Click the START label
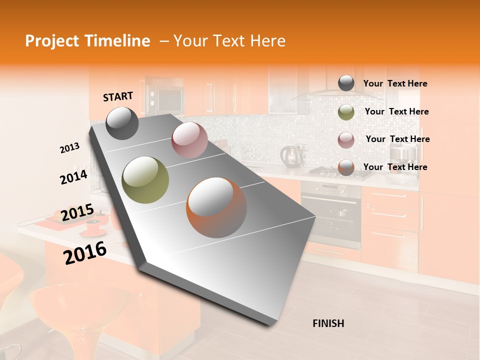(118, 96)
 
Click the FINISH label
(328, 323)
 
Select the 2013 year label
(69, 148)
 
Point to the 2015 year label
(77, 213)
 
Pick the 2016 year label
(85, 253)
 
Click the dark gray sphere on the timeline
(122, 123)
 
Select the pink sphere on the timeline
(189, 140)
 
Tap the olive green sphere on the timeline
(145, 180)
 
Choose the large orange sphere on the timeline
(216, 207)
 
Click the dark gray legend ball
(346, 83)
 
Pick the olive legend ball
(346, 112)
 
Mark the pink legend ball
(346, 140)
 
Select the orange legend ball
(346, 167)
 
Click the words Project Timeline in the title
(87, 41)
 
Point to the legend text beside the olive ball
(396, 111)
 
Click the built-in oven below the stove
(331, 212)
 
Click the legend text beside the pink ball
(397, 139)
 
